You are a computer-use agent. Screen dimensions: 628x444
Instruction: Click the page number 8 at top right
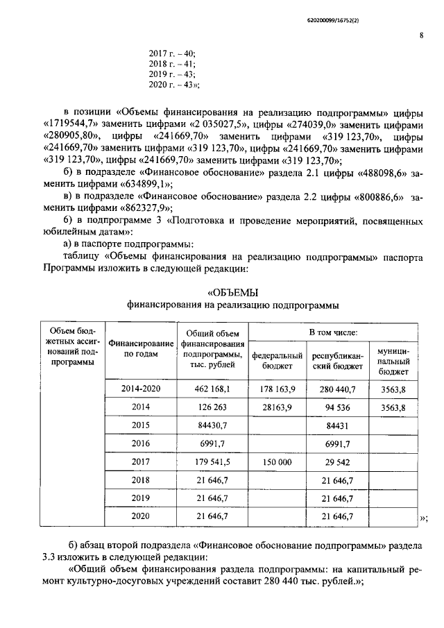[422, 37]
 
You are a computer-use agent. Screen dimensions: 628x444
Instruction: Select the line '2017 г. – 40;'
[172, 53]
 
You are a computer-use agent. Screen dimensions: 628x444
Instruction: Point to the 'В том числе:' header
[330, 334]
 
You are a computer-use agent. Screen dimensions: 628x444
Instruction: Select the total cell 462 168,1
[213, 389]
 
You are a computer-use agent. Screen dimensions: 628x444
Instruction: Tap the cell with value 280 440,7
[334, 389]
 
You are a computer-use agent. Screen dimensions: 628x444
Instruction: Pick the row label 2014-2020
[140, 389]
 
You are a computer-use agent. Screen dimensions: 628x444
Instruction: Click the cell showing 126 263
[213, 407]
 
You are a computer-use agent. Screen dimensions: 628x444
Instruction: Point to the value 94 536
[334, 407]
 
